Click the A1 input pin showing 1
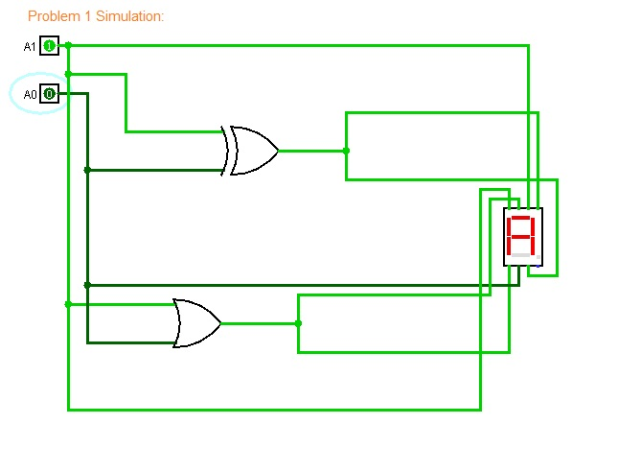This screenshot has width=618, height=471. pyautogui.click(x=49, y=46)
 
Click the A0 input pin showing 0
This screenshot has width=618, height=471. pyautogui.click(x=49, y=94)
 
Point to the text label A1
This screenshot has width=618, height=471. pyautogui.click(x=30, y=47)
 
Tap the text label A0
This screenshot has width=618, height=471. pyautogui.click(x=30, y=95)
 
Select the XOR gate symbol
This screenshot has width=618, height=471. pyautogui.click(x=249, y=151)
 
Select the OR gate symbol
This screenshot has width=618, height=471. pyautogui.click(x=197, y=323)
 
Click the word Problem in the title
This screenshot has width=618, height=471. pyautogui.click(x=54, y=16)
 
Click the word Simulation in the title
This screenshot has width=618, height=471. pyautogui.click(x=128, y=16)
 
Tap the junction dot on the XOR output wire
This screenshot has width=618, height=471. pyautogui.click(x=346, y=151)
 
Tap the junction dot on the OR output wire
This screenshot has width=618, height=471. pyautogui.click(x=298, y=323)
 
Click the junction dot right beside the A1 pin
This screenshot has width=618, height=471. pyautogui.click(x=68, y=45)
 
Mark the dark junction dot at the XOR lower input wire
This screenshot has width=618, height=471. pyautogui.click(x=87, y=170)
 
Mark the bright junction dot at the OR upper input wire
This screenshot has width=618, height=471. pyautogui.click(x=68, y=304)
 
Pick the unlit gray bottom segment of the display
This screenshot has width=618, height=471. pyautogui.click(x=520, y=255)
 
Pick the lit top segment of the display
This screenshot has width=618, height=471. pyautogui.click(x=520, y=218)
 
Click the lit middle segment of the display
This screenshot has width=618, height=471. pyautogui.click(x=520, y=236)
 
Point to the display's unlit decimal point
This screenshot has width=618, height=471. pyautogui.click(x=538, y=257)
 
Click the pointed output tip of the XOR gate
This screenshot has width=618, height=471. pyautogui.click(x=278, y=151)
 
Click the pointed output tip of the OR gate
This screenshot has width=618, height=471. pyautogui.click(x=221, y=323)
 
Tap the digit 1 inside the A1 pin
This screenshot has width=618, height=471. pyautogui.click(x=49, y=46)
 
